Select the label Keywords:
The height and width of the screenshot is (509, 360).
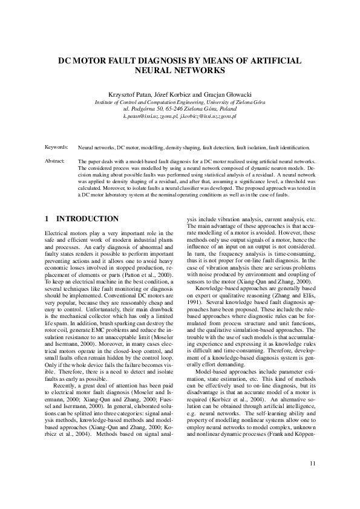(56, 147)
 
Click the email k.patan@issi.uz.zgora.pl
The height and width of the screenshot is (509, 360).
(151, 115)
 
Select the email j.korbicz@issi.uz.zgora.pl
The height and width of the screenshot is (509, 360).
(208, 115)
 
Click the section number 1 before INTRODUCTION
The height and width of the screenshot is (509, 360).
(48, 219)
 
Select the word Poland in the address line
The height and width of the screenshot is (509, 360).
(227, 108)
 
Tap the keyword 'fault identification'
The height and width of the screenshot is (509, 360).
(289, 147)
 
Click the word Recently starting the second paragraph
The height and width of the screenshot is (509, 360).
(66, 368)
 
